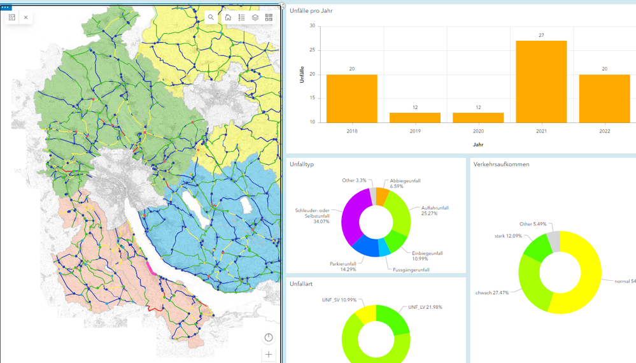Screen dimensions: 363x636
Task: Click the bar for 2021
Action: [541, 82]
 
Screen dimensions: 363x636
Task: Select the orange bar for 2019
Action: [414, 118]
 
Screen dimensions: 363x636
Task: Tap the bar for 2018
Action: [351, 98]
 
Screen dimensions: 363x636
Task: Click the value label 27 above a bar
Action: [541, 36]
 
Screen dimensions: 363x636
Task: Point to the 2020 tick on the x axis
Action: [478, 131]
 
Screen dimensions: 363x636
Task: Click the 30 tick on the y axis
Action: [312, 26]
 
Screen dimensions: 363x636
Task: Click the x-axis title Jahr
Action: [478, 145]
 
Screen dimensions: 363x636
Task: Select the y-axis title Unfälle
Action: [302, 75]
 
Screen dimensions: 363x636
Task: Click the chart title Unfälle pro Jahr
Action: [311, 11]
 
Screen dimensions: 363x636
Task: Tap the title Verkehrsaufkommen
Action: [501, 164]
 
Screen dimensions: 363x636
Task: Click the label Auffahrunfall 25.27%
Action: [435, 211]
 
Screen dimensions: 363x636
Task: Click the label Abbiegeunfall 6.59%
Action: [405, 183]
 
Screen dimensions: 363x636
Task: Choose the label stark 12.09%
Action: [509, 236]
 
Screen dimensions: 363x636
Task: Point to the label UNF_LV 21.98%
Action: [425, 307]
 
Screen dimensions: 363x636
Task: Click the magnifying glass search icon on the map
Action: [211, 18]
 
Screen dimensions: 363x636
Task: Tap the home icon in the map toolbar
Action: [228, 18]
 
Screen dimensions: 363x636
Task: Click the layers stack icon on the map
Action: [255, 18]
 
